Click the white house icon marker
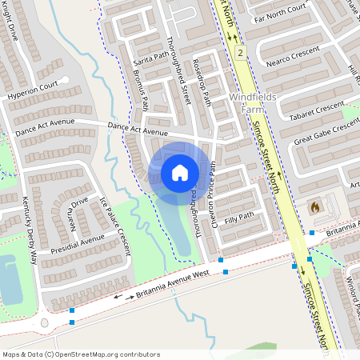[x=180, y=172]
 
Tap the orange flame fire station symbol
[x=314, y=206]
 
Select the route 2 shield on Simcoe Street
[x=239, y=52]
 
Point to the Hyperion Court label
[x=33, y=89]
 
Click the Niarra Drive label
[x=78, y=212]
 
